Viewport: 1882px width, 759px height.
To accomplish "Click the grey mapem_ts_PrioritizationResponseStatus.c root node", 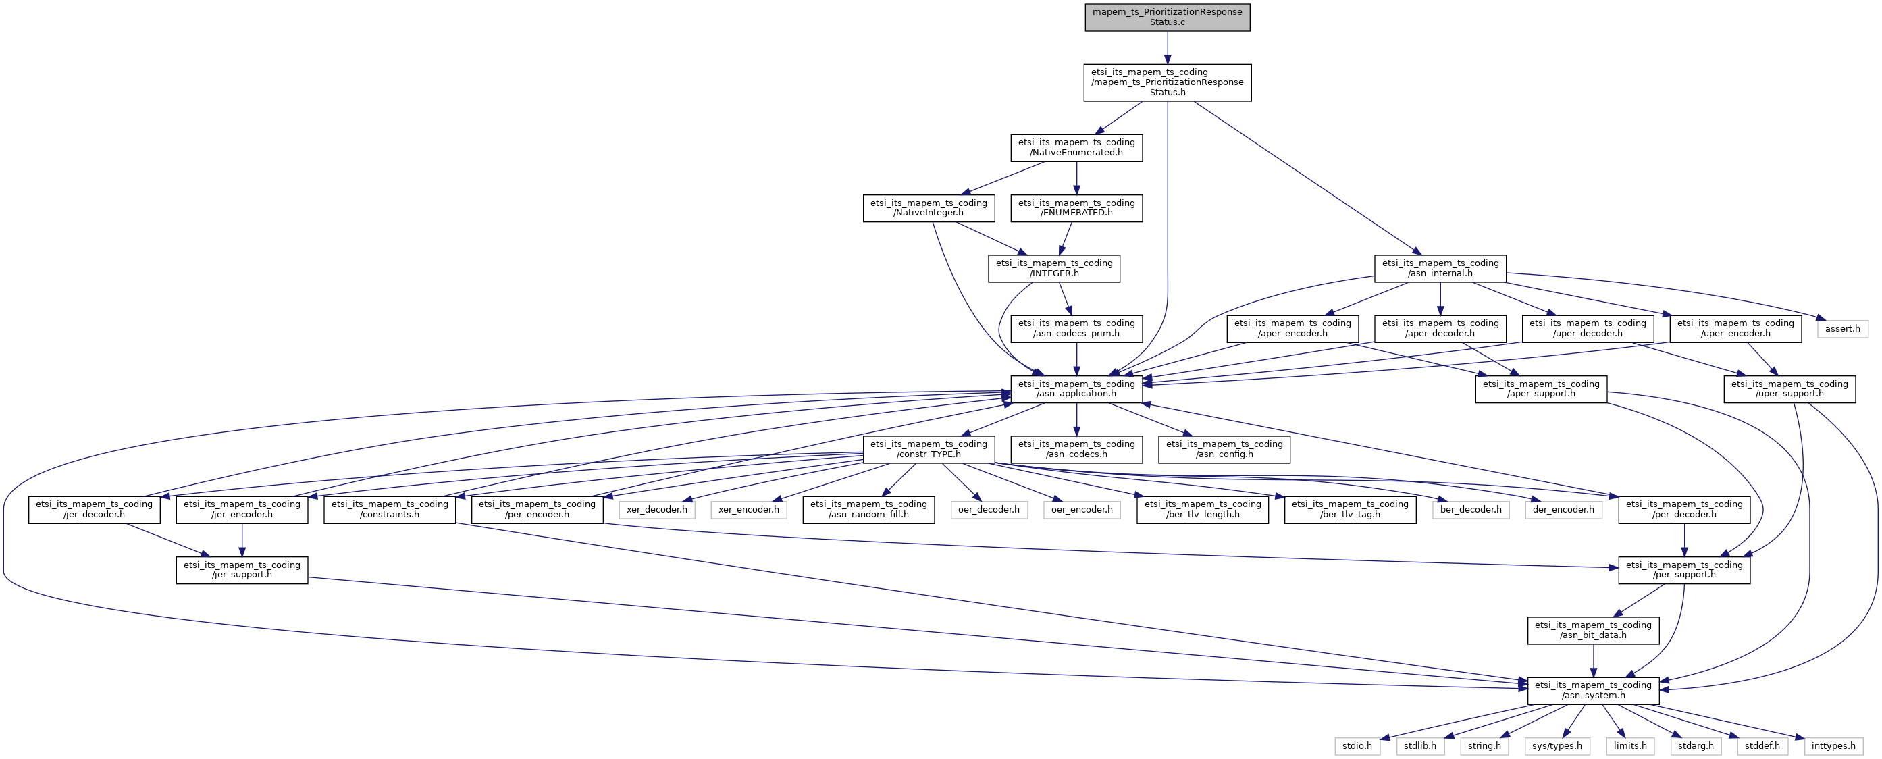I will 1167,17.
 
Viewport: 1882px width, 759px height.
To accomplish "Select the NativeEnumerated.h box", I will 1076,148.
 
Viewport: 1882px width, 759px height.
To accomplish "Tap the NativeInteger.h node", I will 928,208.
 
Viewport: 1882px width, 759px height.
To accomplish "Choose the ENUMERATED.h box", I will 1076,208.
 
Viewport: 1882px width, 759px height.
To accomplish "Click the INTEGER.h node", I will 1053,268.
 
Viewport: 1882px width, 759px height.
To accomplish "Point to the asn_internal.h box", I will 1440,268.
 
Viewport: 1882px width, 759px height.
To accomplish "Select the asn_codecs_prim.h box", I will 1076,329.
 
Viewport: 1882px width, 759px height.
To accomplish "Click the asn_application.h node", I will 1076,389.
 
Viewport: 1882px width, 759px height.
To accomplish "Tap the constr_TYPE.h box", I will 928,449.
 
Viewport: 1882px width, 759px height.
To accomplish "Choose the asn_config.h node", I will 1224,449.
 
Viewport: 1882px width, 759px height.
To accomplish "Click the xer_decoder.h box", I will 656,510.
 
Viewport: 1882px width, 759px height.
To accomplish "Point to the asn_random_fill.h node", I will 868,509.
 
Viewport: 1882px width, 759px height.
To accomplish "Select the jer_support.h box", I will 242,570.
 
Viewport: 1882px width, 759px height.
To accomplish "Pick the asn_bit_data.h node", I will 1593,630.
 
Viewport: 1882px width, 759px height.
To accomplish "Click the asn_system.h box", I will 1593,690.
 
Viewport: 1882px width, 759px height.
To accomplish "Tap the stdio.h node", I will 1357,746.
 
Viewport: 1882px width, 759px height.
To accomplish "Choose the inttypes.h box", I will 1833,746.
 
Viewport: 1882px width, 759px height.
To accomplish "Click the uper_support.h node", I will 1789,389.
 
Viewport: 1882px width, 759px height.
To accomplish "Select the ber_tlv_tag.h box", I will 1349,509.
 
